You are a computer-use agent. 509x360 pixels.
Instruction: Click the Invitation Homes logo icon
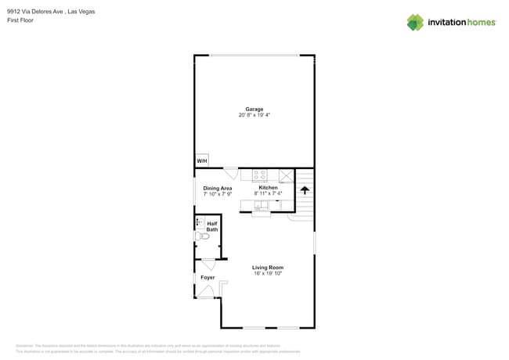(415, 22)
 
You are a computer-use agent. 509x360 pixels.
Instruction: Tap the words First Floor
(20, 20)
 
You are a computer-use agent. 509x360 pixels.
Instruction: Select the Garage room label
(254, 109)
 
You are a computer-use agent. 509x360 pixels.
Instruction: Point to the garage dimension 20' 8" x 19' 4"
(254, 115)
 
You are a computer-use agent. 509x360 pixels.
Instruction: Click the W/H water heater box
(202, 160)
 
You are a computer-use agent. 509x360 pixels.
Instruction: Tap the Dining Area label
(218, 188)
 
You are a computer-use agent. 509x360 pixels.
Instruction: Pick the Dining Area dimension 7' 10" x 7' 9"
(218, 194)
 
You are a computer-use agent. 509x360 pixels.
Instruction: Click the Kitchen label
(268, 188)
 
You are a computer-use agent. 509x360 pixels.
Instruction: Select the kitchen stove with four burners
(260, 175)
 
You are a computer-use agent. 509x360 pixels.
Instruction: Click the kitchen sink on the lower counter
(262, 205)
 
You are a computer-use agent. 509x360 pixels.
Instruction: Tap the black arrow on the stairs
(305, 189)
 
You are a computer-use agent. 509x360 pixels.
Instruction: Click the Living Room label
(267, 268)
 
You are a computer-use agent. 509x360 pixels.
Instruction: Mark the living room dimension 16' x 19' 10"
(267, 274)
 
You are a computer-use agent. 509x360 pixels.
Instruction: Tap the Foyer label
(208, 277)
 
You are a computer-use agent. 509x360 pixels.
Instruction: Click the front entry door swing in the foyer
(205, 292)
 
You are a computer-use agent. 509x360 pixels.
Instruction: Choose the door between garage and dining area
(231, 173)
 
